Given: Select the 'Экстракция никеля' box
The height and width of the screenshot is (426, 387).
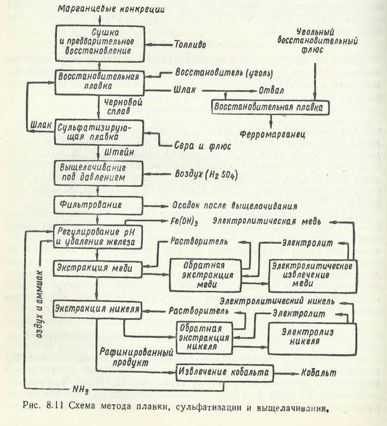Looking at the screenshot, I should click(x=97, y=309).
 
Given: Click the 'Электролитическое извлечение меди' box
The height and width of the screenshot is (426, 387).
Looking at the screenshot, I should click(x=314, y=275).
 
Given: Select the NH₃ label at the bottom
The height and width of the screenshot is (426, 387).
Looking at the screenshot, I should click(x=80, y=389).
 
